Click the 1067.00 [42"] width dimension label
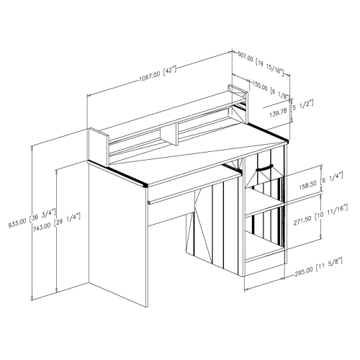(x=158, y=73)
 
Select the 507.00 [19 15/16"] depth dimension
(x=261, y=63)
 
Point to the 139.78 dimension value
(x=278, y=112)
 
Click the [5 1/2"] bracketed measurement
(x=302, y=106)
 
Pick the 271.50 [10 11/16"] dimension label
(x=320, y=215)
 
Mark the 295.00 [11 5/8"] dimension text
(x=318, y=266)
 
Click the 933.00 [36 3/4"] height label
(x=32, y=218)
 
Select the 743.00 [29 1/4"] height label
(x=56, y=221)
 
